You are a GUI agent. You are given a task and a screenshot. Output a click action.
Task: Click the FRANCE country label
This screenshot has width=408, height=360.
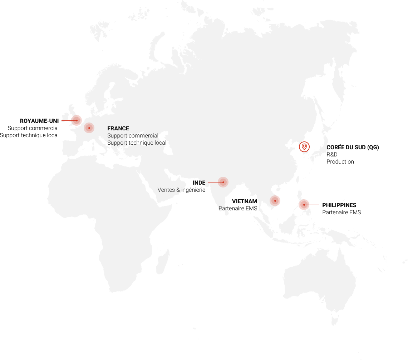[118, 129]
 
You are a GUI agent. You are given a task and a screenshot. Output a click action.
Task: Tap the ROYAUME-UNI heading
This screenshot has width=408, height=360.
[39, 121]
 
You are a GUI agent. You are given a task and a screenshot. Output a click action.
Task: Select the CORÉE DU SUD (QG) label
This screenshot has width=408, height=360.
[353, 147]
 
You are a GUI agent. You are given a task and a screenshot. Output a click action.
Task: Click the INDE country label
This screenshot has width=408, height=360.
[199, 183]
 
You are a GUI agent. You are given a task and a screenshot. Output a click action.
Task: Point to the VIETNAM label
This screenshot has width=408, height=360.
[245, 201]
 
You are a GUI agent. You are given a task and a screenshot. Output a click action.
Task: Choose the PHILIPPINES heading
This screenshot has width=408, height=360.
[339, 205]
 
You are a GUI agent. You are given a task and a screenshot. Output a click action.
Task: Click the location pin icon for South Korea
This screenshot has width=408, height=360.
[304, 147]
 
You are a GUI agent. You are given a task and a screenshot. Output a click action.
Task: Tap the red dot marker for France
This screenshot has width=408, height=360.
[89, 128]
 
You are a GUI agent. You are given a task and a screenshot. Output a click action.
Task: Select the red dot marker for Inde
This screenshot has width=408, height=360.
[223, 182]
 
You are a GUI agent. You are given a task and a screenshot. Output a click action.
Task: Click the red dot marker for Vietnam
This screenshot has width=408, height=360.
[275, 201]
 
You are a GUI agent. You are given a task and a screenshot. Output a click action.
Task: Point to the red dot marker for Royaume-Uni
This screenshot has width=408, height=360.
[77, 120]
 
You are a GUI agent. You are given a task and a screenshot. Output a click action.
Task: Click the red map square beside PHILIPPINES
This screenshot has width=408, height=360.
[304, 205]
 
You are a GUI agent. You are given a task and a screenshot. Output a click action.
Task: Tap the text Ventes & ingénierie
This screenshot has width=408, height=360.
[181, 190]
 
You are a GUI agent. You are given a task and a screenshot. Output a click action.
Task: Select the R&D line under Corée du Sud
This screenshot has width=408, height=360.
[332, 155]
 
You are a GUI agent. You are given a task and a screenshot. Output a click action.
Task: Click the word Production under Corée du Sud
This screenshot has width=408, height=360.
[340, 162]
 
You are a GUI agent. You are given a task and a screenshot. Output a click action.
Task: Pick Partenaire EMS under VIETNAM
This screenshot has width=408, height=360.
[238, 209]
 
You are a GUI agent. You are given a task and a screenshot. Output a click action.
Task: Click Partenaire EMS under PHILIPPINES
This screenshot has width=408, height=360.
[341, 212]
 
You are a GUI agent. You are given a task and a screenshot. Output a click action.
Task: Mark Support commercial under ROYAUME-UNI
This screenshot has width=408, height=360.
[33, 128]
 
